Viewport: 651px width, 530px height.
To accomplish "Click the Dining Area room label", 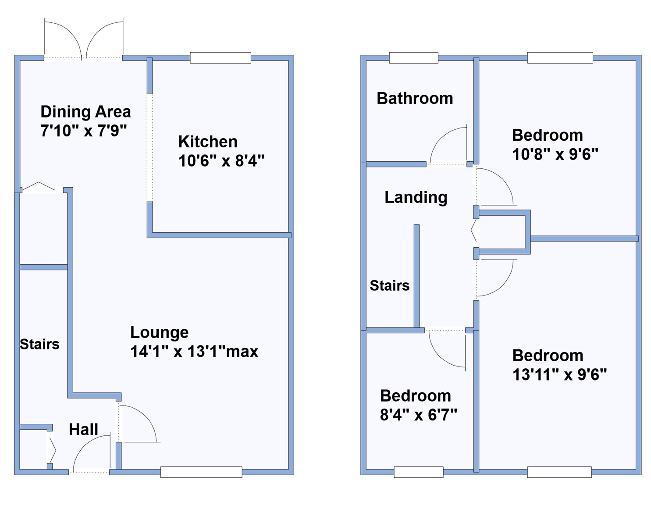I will click(x=85, y=112).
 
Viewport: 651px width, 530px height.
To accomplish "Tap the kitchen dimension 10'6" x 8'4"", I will click(x=221, y=161).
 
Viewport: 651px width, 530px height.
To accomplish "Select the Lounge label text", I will click(x=159, y=332).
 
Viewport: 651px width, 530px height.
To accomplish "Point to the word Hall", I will click(x=83, y=430).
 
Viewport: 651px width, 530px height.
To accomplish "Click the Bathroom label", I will click(x=415, y=99).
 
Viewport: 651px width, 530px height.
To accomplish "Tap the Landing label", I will click(x=416, y=198).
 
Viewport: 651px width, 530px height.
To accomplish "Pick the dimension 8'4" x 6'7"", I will click(x=418, y=415).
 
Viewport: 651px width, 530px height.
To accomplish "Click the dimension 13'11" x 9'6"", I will click(x=559, y=375).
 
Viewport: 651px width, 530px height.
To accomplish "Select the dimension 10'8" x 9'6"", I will click(x=555, y=154).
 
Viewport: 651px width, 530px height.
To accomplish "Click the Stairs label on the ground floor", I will click(x=39, y=344).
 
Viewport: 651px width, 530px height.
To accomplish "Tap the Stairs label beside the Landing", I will click(x=389, y=286).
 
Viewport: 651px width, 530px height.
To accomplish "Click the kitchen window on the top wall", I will click(x=220, y=58).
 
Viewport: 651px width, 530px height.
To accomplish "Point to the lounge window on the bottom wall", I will click(x=201, y=472).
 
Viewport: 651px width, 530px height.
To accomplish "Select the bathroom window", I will click(x=413, y=58).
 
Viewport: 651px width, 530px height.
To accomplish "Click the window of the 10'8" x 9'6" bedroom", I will click(x=560, y=58).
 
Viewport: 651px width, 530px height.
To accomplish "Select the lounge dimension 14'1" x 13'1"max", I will click(x=194, y=352).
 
